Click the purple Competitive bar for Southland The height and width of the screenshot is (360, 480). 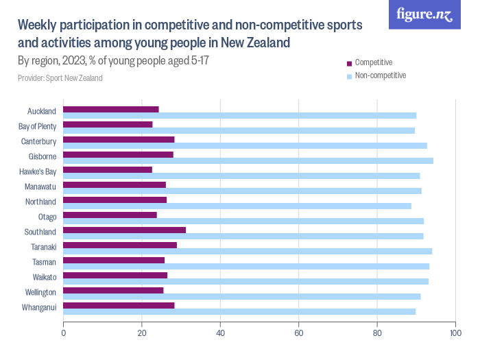pos(124,230)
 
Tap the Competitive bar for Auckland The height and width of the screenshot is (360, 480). pos(111,109)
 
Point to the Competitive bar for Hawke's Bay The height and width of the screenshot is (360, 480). pos(108,169)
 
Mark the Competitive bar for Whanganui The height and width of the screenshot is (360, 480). pos(119,305)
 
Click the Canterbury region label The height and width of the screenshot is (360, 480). pos(38,141)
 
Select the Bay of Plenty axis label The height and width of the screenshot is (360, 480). pos(37,126)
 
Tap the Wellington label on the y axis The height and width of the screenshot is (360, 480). pos(38,292)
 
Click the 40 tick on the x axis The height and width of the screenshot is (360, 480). pos(220,334)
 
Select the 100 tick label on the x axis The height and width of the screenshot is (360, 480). pos(454,334)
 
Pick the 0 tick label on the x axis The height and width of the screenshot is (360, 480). pos(64,334)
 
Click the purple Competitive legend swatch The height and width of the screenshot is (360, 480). pos(349,63)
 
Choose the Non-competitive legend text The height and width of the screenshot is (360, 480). pos(381,75)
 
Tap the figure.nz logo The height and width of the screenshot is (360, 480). pos(424,15)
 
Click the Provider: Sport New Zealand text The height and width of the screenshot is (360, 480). pos(60,78)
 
